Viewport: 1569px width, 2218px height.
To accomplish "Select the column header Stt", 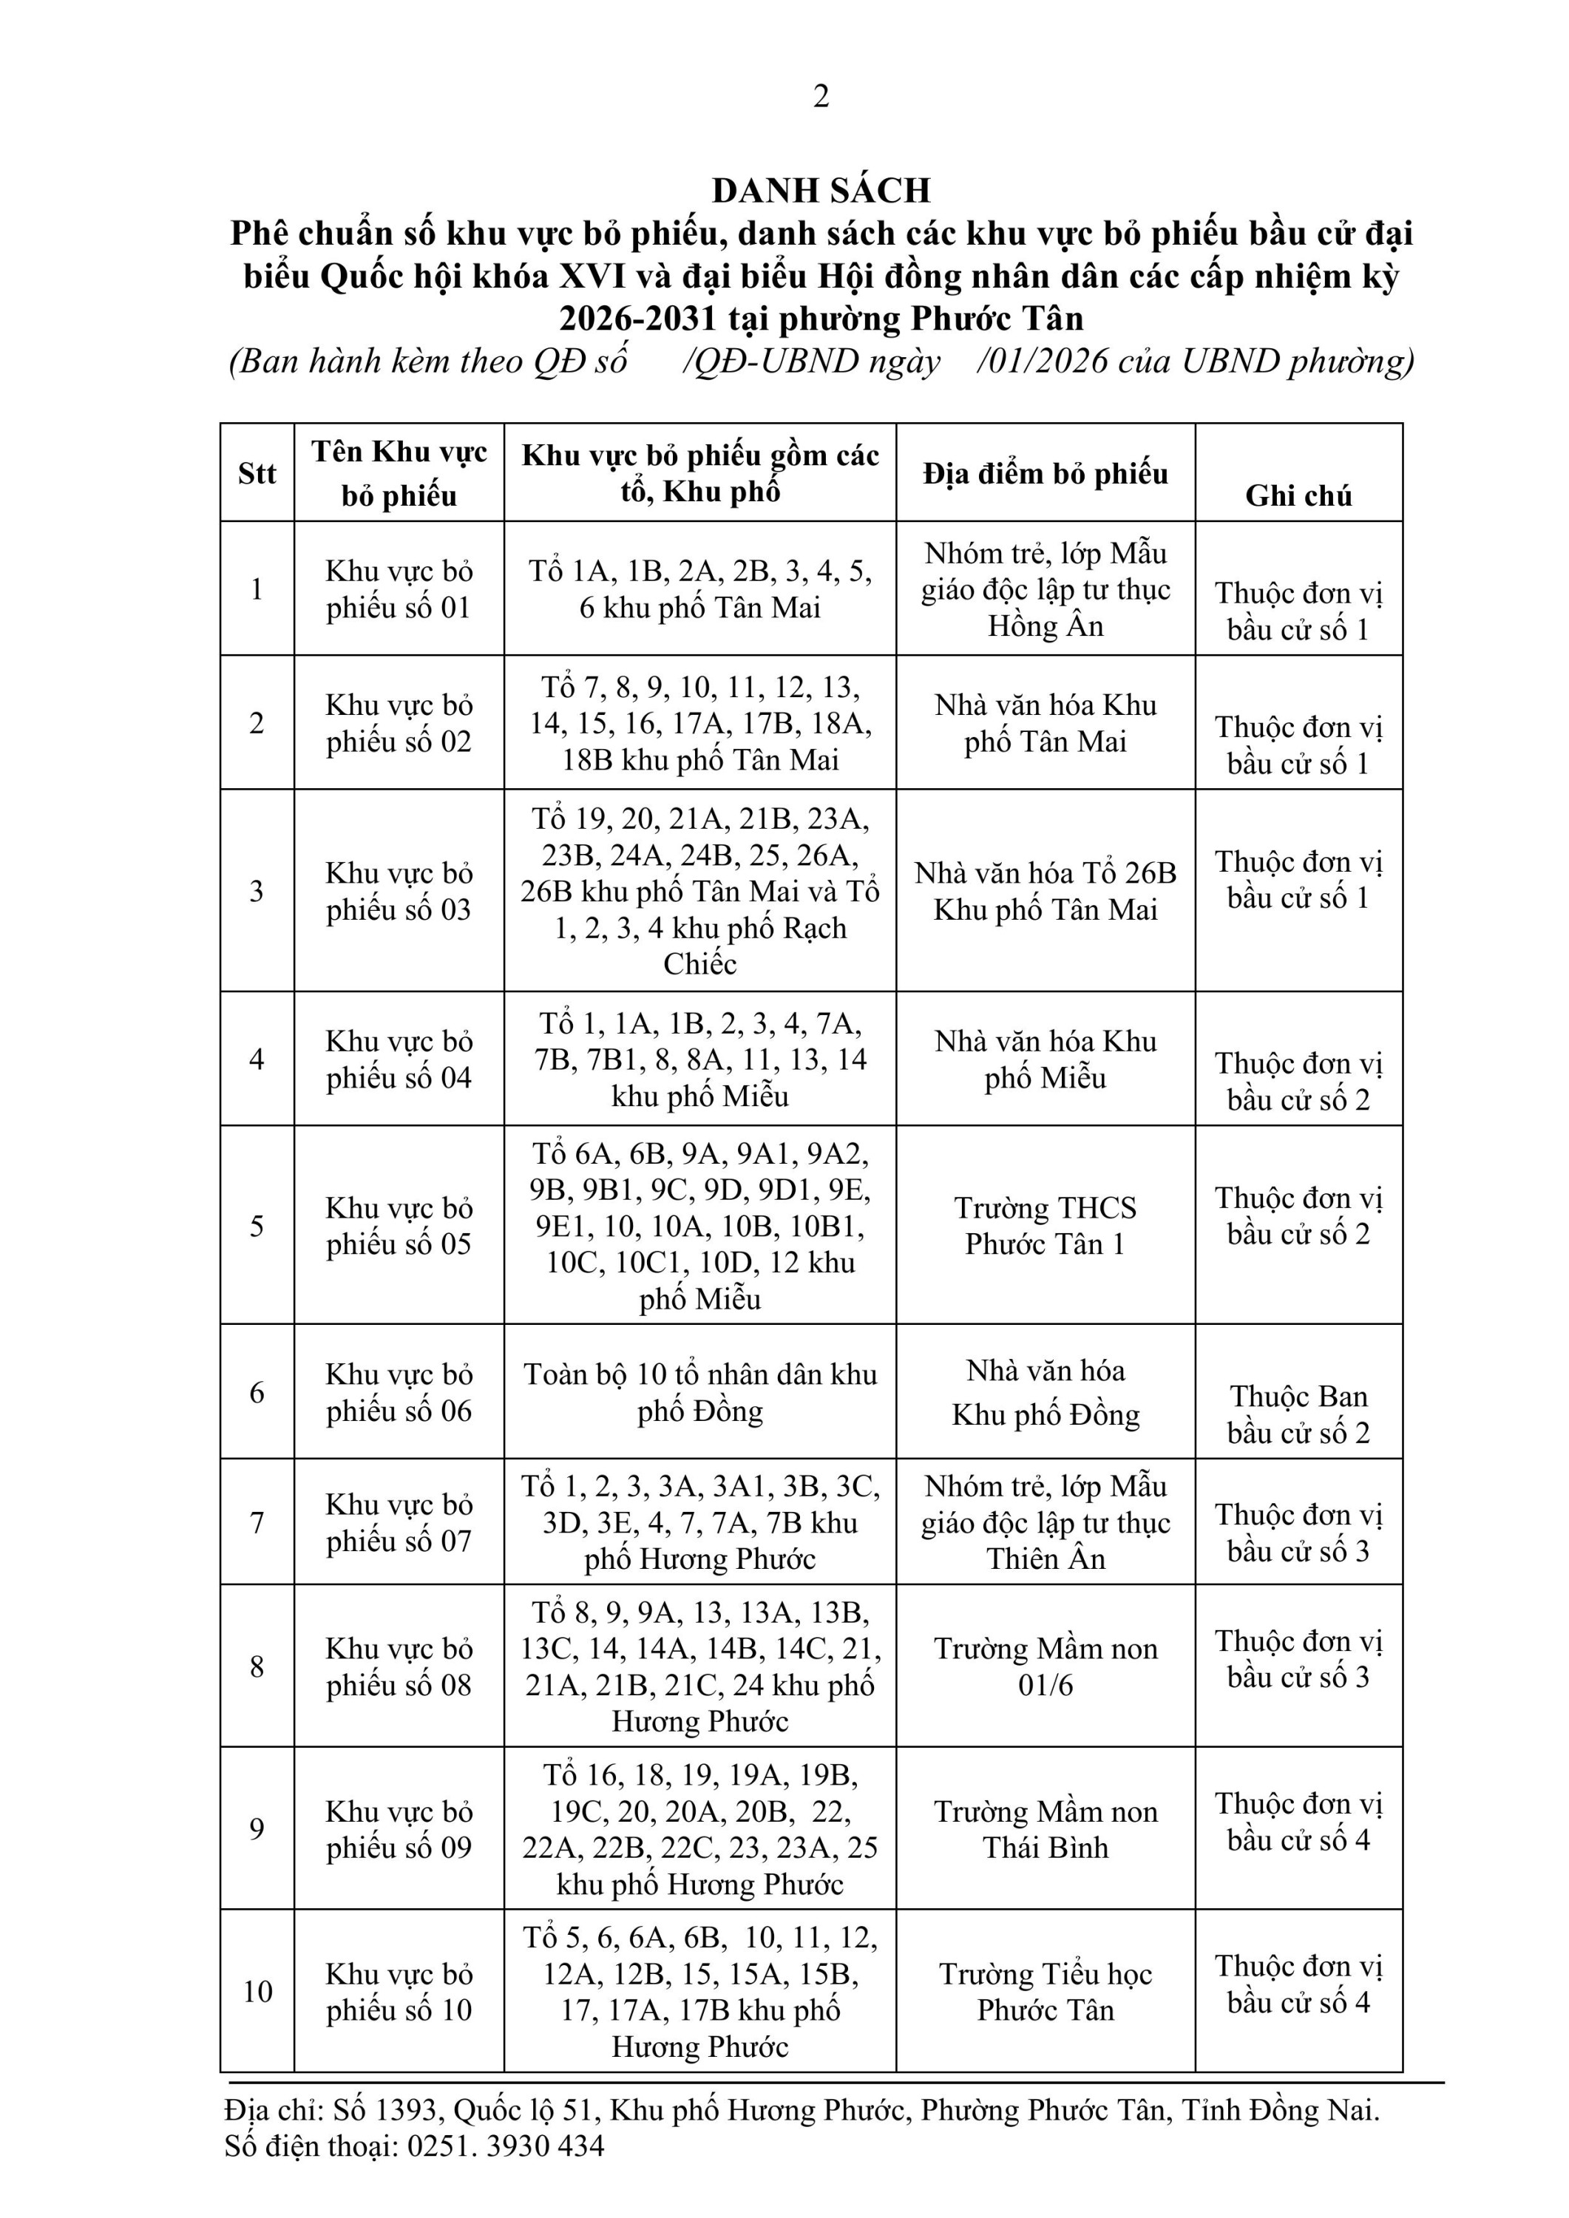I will coord(257,473).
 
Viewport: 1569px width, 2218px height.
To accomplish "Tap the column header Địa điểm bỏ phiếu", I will coord(1046,473).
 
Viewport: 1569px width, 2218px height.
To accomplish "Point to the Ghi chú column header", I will coord(1298,495).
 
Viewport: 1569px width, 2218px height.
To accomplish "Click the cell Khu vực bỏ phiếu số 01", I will coord(399,589).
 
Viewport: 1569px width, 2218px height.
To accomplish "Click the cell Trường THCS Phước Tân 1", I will coord(1046,1226).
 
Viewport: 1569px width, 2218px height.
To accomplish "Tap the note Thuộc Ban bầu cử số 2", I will coord(1298,1414).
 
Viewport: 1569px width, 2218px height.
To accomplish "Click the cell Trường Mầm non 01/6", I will coord(1046,1666).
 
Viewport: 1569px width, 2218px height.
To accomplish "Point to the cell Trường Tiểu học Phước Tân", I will coord(1046,1992).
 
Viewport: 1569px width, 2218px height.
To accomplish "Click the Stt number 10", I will coord(257,1992).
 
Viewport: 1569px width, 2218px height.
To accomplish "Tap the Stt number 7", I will coord(257,1524).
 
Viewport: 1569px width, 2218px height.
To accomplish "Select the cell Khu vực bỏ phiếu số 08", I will coord(399,1666).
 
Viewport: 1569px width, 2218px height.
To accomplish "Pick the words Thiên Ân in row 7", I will coord(1046,1559).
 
